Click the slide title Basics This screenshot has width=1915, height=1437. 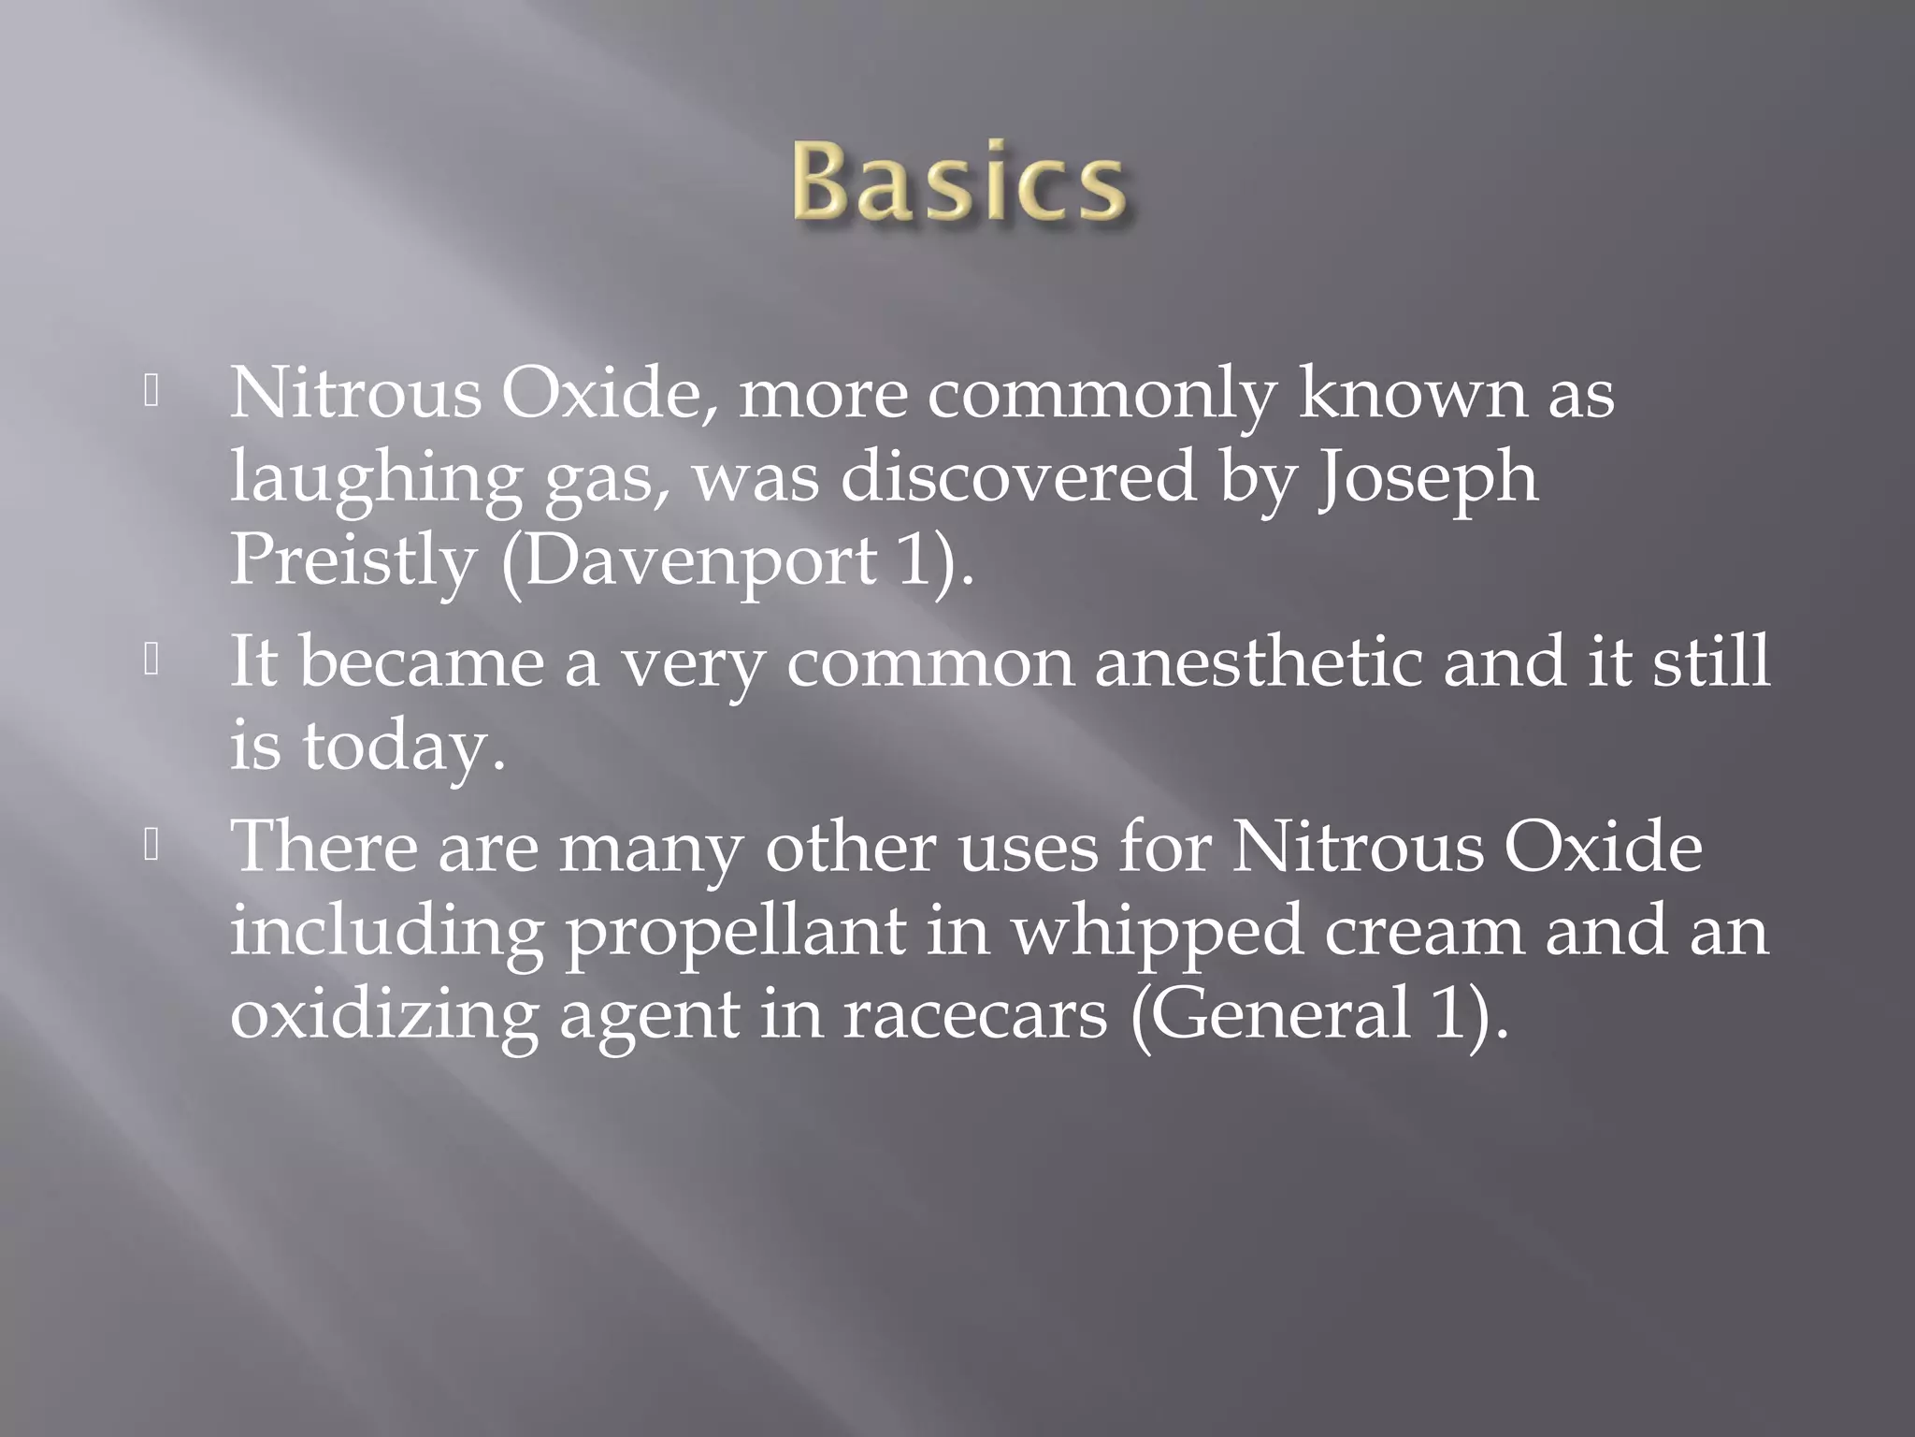958,182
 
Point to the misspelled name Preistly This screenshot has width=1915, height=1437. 353,561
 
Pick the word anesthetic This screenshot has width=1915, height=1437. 1258,662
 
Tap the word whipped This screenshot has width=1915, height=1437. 1158,932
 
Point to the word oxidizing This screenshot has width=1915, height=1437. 383,1016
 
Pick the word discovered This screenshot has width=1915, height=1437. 1018,477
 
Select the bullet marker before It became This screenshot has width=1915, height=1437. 151,661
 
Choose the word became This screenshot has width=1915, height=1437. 422,662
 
